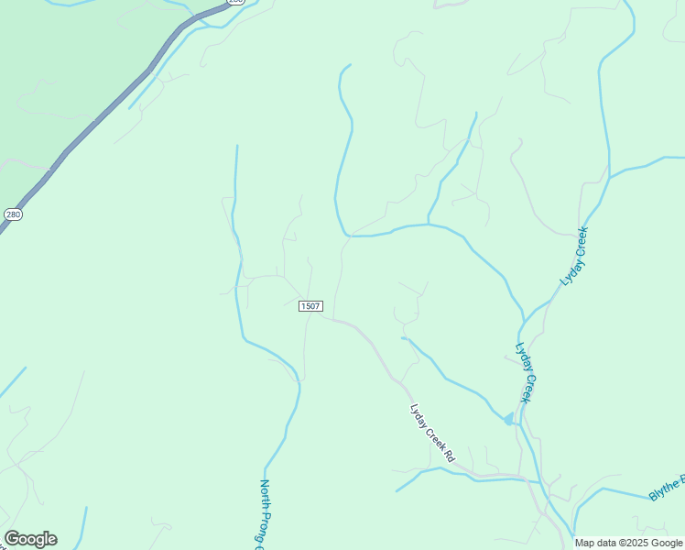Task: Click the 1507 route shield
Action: click(x=310, y=306)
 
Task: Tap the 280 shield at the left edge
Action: click(x=12, y=214)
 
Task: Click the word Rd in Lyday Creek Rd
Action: click(x=449, y=454)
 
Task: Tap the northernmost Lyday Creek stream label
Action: click(x=573, y=257)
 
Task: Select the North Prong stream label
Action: click(x=263, y=513)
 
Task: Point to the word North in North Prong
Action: click(x=265, y=497)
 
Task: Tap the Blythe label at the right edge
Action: click(x=667, y=488)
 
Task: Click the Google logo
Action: click(x=30, y=539)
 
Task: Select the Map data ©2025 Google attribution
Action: click(x=629, y=543)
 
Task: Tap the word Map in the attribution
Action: click(x=584, y=543)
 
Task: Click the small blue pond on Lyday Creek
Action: click(x=508, y=419)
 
